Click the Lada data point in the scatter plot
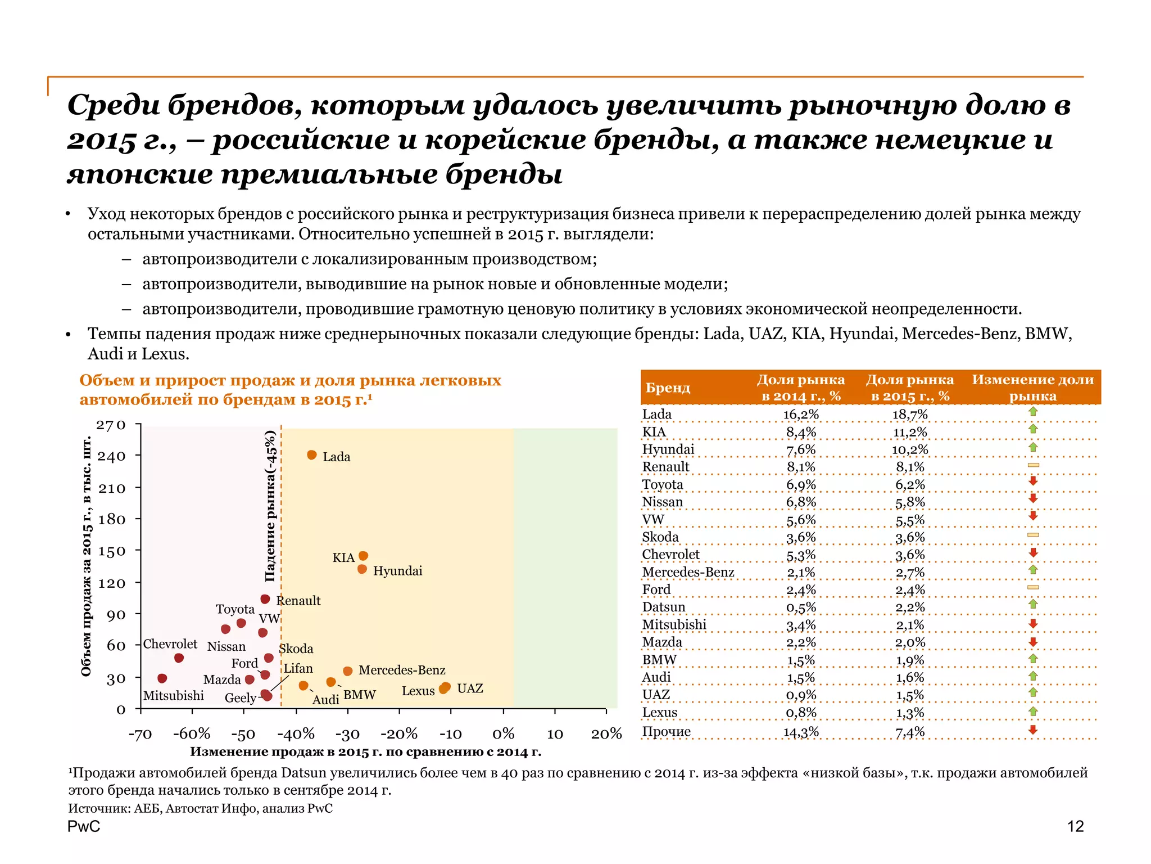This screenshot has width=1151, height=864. tap(312, 455)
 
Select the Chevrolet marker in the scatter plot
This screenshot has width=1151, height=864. tap(179, 658)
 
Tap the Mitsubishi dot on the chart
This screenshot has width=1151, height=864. tap(162, 678)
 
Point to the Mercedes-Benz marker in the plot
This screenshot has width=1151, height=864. tap(348, 671)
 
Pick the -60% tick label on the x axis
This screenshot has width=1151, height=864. tap(192, 734)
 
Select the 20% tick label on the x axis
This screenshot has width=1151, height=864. tap(606, 734)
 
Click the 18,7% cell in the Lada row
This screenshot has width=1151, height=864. tap(910, 415)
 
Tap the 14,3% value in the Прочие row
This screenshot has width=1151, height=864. tap(801, 732)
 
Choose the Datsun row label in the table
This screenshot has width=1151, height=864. tap(664, 607)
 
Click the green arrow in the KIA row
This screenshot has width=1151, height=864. tap(1033, 429)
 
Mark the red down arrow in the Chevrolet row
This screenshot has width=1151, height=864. tap(1033, 553)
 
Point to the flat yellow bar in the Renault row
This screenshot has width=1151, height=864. tap(1033, 465)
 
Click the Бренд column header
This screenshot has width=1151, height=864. tap(668, 388)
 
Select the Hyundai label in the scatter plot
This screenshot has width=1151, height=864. tap(397, 571)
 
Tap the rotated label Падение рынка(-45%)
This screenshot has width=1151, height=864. tap(271, 506)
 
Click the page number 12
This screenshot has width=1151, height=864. tap(1075, 826)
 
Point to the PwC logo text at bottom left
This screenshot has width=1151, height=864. tap(84, 826)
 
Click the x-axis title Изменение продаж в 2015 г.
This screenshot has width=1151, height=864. tap(365, 752)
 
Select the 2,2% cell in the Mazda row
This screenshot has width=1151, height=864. tap(801, 642)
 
